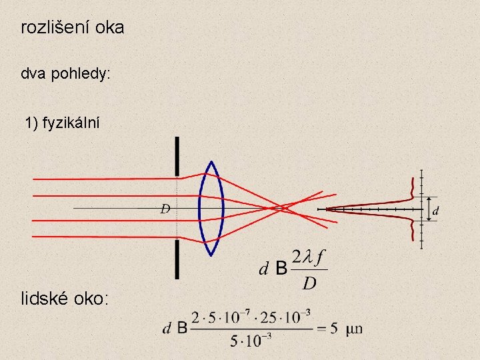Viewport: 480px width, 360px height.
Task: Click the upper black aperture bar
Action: coord(177,157)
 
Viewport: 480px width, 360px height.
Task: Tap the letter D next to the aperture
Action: coord(165,209)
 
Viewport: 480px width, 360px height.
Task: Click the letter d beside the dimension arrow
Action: coord(436,211)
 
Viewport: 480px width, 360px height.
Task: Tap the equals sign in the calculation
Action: coord(320,328)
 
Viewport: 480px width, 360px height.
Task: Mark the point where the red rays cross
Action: coord(283,209)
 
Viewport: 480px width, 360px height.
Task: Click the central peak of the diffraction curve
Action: coord(330,209)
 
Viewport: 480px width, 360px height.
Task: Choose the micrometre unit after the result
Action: coord(354,329)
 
